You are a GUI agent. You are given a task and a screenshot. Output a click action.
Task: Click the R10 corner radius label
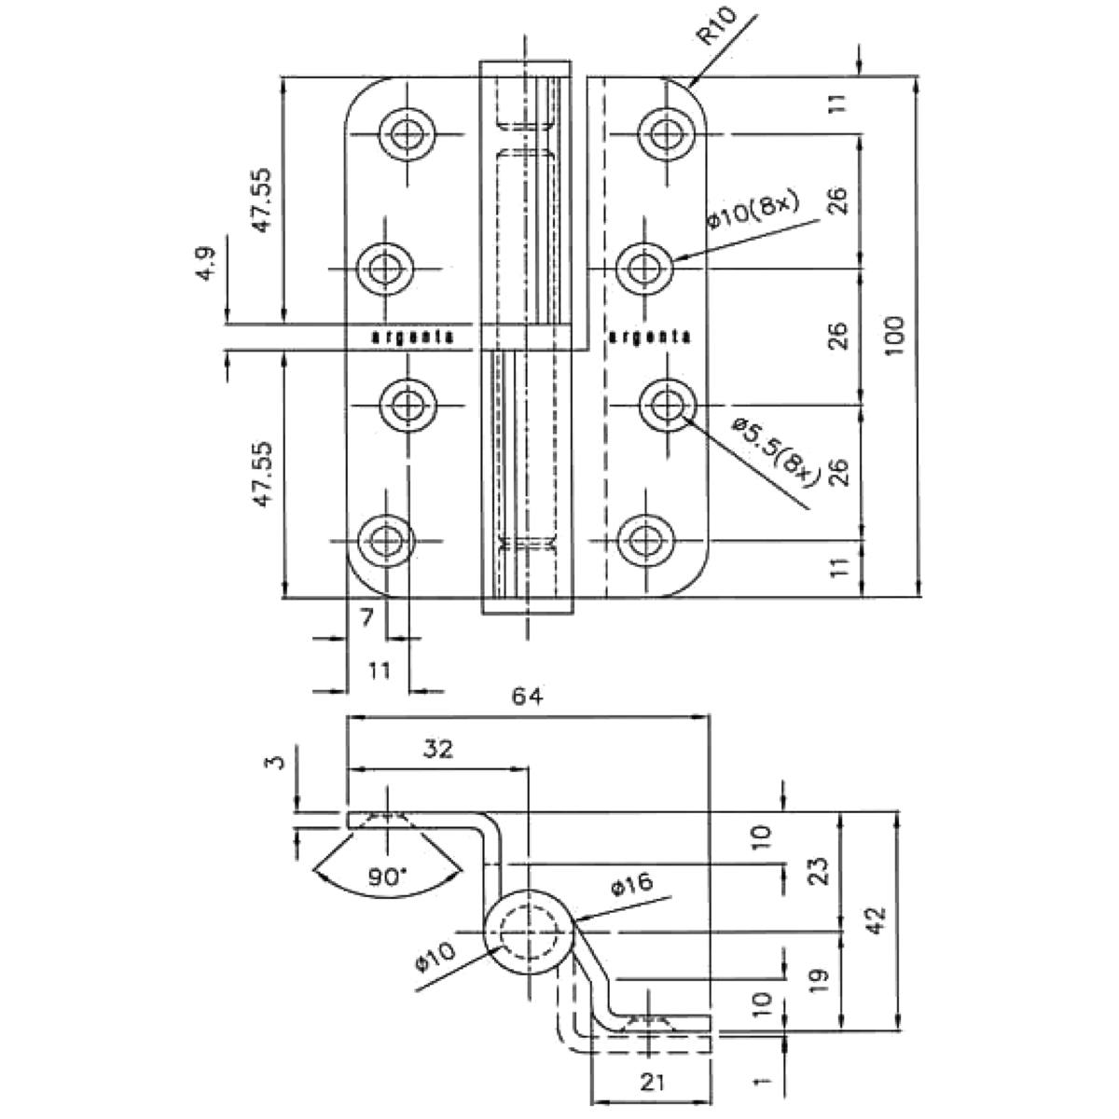coord(718,29)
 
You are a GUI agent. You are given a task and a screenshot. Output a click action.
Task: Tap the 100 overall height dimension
coord(894,338)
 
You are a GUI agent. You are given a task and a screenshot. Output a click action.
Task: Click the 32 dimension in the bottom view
coord(437,749)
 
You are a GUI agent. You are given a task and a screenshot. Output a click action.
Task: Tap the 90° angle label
coord(386,876)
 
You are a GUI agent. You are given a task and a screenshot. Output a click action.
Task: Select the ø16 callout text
coord(635,884)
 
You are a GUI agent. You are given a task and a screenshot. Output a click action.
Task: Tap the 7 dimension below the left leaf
coord(366,616)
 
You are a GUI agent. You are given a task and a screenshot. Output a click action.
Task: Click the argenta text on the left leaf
coord(413,337)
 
